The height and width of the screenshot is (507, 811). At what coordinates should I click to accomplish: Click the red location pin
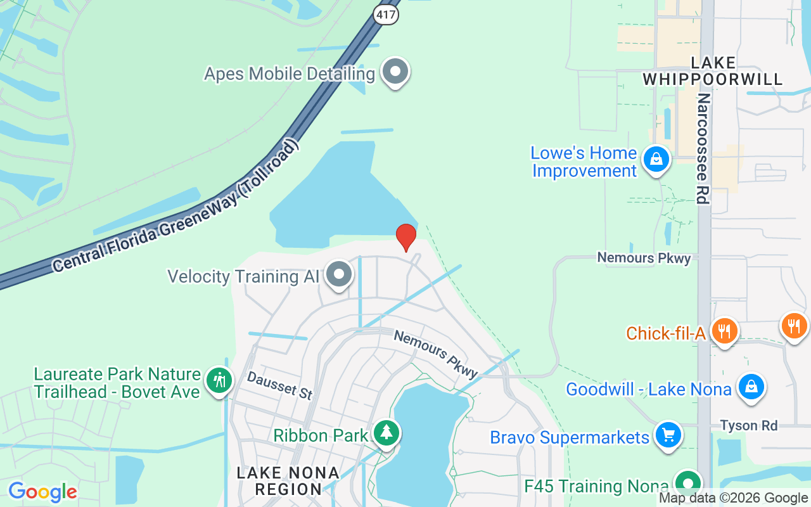click(x=406, y=237)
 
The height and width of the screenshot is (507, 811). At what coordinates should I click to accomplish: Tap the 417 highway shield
click(x=385, y=14)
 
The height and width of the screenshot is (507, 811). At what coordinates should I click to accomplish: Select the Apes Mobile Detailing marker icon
click(x=395, y=72)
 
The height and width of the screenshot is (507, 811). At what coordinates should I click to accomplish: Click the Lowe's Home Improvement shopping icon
click(x=656, y=159)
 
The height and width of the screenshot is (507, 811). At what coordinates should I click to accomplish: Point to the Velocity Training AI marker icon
click(x=339, y=274)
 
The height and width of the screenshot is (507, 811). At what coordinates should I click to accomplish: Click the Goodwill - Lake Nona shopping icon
click(x=751, y=386)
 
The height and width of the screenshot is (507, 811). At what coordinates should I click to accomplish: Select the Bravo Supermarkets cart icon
click(x=668, y=435)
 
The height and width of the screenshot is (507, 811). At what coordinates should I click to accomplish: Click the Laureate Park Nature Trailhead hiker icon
click(x=219, y=381)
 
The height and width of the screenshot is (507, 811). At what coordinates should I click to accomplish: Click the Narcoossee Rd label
click(x=703, y=149)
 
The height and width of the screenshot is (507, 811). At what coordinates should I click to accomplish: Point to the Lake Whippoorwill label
click(x=713, y=71)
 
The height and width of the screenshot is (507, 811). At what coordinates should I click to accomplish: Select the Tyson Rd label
click(x=748, y=425)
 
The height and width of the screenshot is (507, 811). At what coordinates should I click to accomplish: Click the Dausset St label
click(x=280, y=385)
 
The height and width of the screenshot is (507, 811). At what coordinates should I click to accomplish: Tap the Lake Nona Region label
click(x=288, y=481)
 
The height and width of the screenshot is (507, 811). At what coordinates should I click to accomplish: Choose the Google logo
click(x=42, y=492)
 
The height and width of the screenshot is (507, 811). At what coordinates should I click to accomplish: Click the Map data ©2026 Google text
click(x=733, y=498)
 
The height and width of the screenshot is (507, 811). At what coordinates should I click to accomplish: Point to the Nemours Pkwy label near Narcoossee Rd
click(x=644, y=258)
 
